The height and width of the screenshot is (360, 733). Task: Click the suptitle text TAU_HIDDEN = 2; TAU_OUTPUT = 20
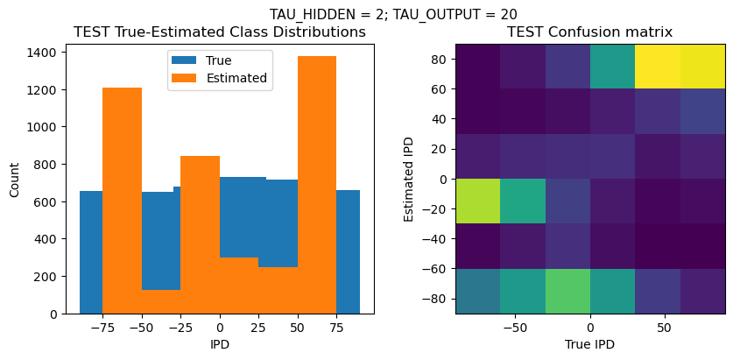coord(392,14)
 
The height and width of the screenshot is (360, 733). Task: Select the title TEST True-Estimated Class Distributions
coord(219,32)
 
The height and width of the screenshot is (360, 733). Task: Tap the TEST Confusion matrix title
coord(590,32)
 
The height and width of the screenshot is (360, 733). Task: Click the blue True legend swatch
coord(186,61)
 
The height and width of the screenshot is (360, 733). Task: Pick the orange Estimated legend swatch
coord(186,78)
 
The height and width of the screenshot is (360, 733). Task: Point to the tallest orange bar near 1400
coord(316,184)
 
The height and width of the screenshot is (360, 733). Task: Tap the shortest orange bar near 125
coord(160,301)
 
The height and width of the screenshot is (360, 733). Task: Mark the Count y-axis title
coord(14,179)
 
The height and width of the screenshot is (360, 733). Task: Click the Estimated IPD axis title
coord(410,179)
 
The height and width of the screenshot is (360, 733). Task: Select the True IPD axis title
coord(590,344)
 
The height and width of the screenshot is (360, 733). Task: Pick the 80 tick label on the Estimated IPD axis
coord(441,60)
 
